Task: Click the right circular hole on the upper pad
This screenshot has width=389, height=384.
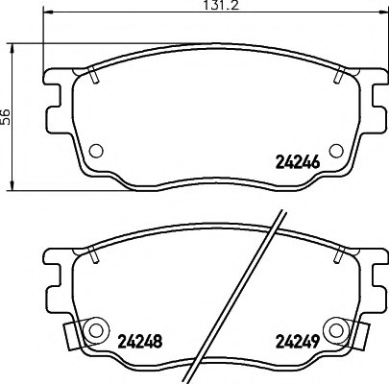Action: (335, 149)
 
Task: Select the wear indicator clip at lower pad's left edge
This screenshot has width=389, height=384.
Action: (71, 335)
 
